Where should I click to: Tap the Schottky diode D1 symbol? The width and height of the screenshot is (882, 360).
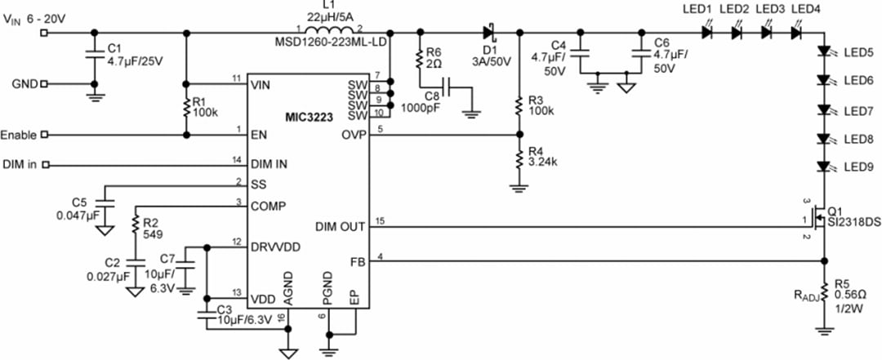(x=490, y=33)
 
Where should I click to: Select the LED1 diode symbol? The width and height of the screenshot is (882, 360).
(x=706, y=33)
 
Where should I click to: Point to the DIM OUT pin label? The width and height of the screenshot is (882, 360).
(x=341, y=225)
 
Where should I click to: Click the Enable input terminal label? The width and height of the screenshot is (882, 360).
(x=19, y=135)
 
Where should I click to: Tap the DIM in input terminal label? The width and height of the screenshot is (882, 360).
(x=20, y=165)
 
